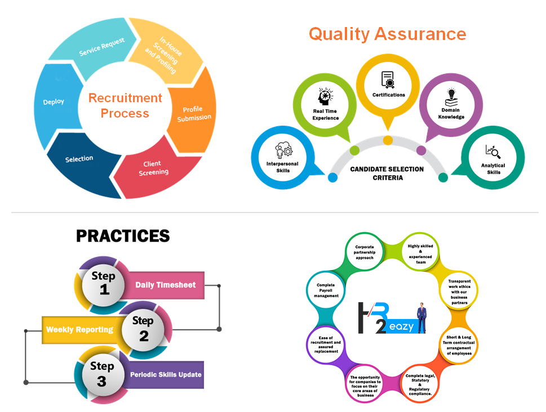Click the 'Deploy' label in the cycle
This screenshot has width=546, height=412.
[x=54, y=102]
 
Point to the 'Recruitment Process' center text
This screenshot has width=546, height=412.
[x=125, y=105]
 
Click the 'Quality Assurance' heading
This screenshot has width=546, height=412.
[x=387, y=34]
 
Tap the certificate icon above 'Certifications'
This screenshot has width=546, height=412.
[x=388, y=79]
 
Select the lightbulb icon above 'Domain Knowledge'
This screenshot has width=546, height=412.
[x=451, y=95]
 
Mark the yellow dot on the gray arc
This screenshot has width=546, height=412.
[x=388, y=140]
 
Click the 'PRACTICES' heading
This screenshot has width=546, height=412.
[x=123, y=236]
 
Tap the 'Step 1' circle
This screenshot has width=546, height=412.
[x=104, y=283]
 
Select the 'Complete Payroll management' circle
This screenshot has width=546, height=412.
[x=327, y=290]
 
